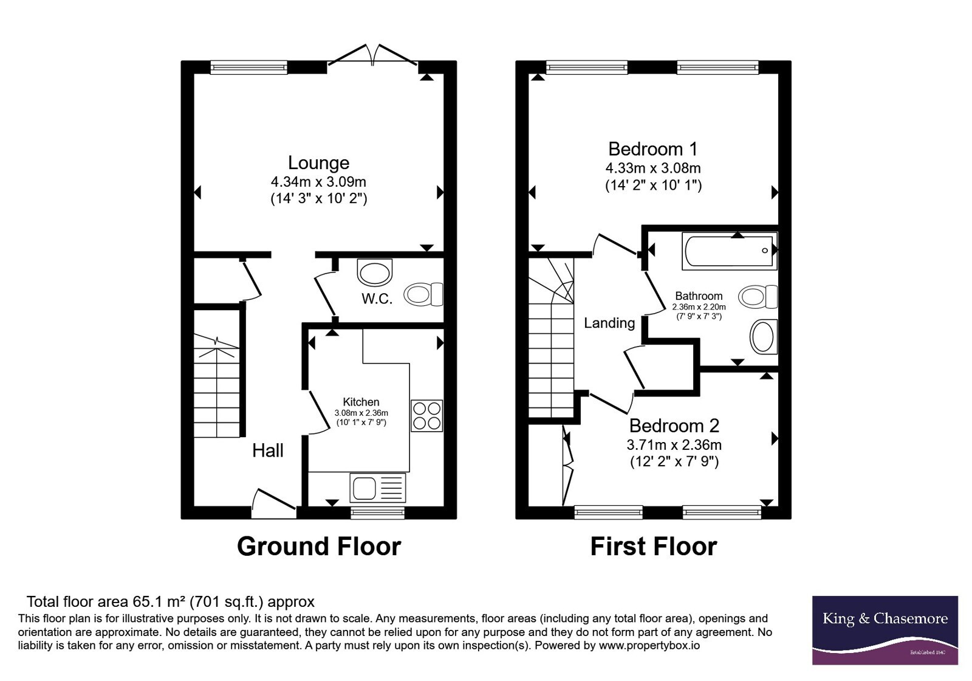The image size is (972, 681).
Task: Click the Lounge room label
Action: (x=318, y=163)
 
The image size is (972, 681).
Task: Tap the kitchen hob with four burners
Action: (x=427, y=416)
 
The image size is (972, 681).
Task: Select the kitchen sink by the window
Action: (x=377, y=488)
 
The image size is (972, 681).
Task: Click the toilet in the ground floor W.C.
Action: (x=423, y=294)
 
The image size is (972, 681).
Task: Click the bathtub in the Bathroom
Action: (x=730, y=251)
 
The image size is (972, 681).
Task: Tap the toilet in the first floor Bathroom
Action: (x=758, y=297)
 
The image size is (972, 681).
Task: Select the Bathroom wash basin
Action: (x=764, y=337)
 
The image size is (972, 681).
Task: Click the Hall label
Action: (x=268, y=451)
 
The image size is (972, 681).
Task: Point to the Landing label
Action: (x=609, y=323)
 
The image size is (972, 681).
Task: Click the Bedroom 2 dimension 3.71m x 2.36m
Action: (x=674, y=444)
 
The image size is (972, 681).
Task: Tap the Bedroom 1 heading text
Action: (x=652, y=149)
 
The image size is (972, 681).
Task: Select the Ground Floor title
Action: (x=319, y=547)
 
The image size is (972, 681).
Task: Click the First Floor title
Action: (x=654, y=547)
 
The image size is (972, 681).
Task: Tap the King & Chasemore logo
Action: (x=885, y=630)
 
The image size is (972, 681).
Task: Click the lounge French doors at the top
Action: (x=372, y=55)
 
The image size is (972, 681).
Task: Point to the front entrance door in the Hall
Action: (x=274, y=504)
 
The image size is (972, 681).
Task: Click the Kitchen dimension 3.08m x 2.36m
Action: (x=361, y=413)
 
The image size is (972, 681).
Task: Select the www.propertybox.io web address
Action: (x=649, y=645)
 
